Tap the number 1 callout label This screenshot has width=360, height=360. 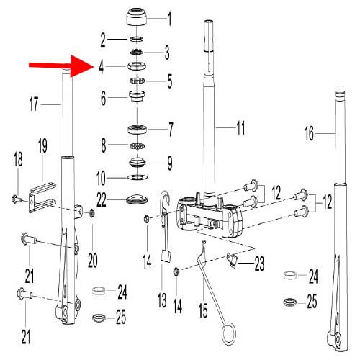tap(170, 16)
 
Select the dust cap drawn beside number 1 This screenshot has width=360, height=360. tap(138, 15)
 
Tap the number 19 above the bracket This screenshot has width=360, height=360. tap(42, 146)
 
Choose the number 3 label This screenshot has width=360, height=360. tap(166, 53)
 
